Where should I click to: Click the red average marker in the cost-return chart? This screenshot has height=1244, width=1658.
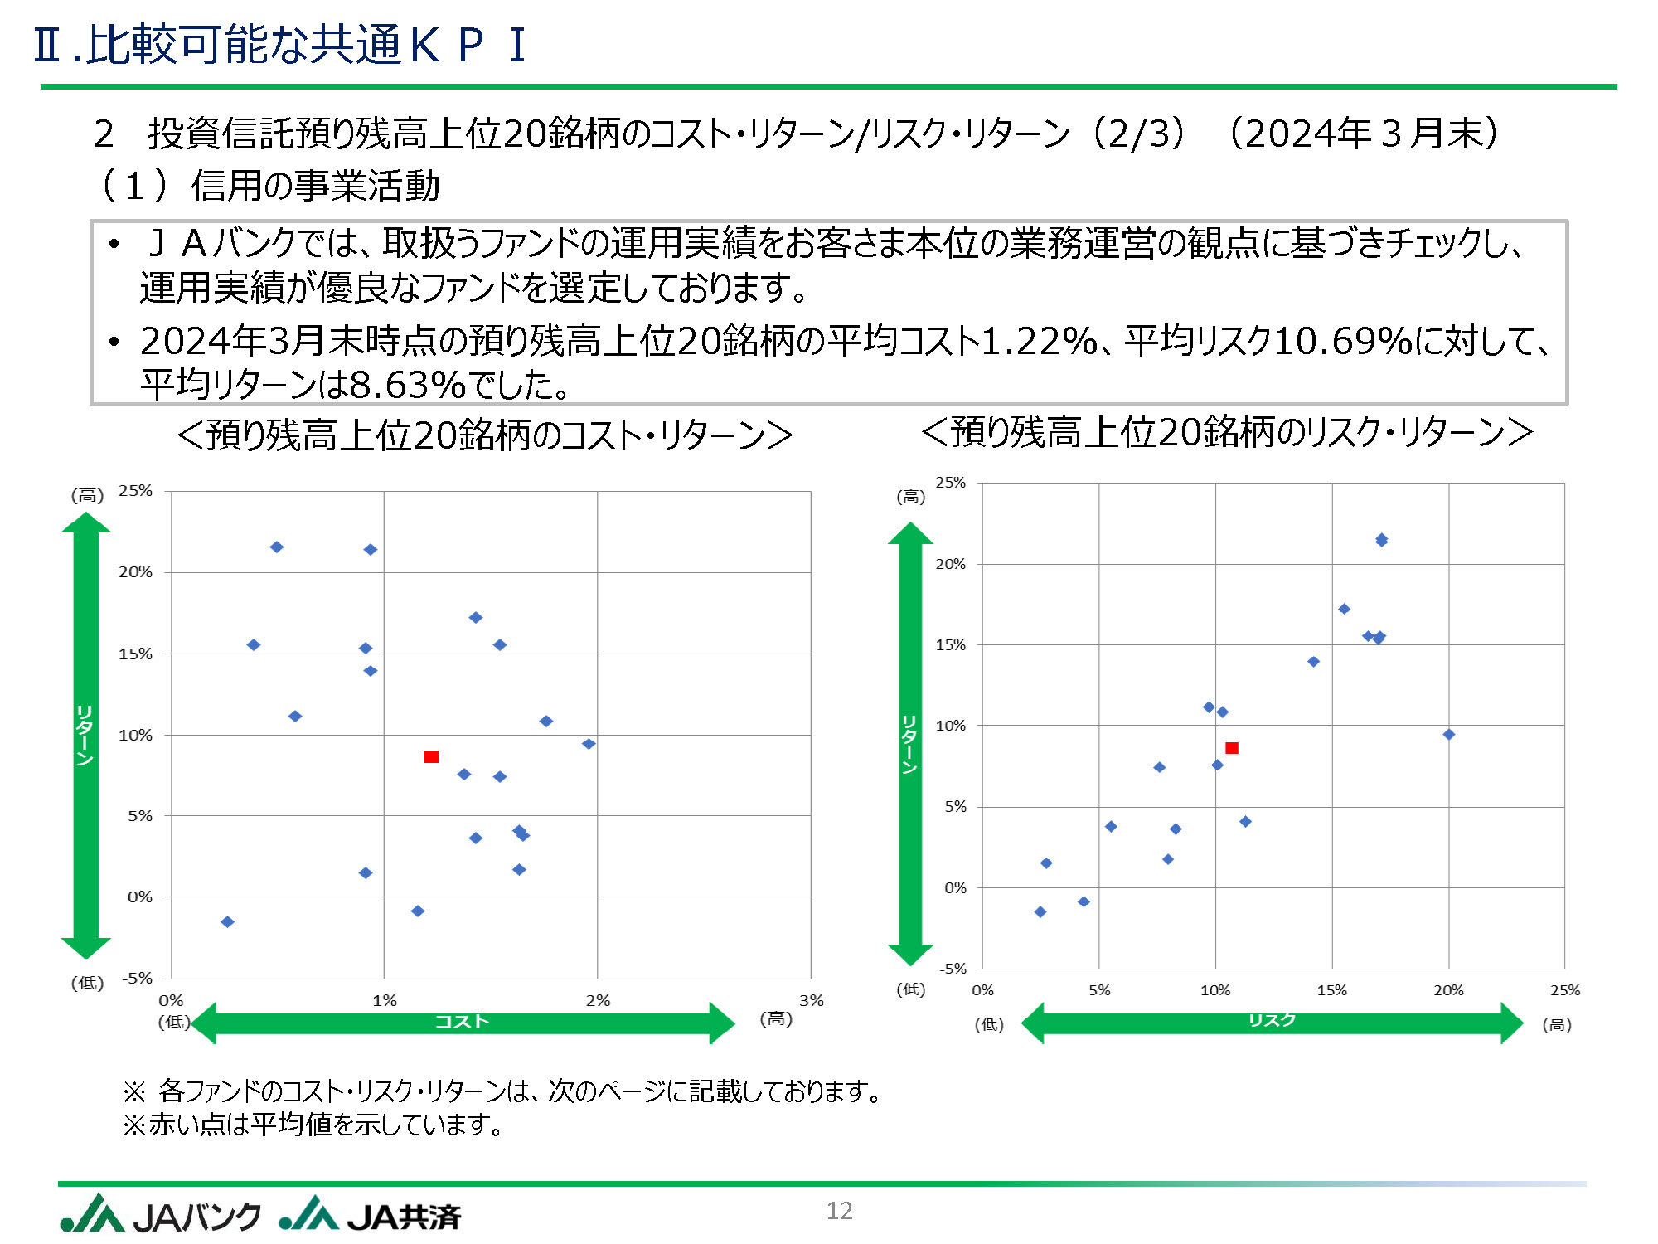pyautogui.click(x=431, y=756)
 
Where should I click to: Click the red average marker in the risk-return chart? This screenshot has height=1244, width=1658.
pyautogui.click(x=1232, y=748)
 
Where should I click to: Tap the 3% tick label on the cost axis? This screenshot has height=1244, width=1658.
pyautogui.click(x=811, y=1000)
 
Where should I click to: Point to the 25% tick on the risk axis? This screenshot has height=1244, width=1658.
pyautogui.click(x=1565, y=990)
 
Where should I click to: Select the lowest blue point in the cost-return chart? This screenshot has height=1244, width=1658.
pyautogui.click(x=227, y=922)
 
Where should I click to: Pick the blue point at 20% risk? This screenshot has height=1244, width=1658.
pyautogui.click(x=1449, y=735)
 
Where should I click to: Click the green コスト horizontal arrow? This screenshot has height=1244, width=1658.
pyautogui.click(x=463, y=1023)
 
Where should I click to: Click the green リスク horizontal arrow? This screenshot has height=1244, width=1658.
pyautogui.click(x=1272, y=1023)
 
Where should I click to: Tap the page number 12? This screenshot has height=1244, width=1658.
pyautogui.click(x=839, y=1211)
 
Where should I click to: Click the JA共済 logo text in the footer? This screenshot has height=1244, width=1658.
pyautogui.click(x=404, y=1217)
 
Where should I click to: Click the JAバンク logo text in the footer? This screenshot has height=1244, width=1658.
pyautogui.click(x=196, y=1217)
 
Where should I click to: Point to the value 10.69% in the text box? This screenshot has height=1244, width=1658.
pyautogui.click(x=1343, y=341)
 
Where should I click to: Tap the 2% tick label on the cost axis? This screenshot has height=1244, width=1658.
pyautogui.click(x=598, y=1000)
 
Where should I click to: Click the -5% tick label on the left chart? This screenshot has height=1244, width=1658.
pyautogui.click(x=138, y=978)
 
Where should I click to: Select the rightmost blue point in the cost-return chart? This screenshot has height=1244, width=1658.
pyautogui.click(x=589, y=744)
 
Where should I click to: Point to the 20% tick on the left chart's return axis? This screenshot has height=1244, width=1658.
pyautogui.click(x=136, y=572)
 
